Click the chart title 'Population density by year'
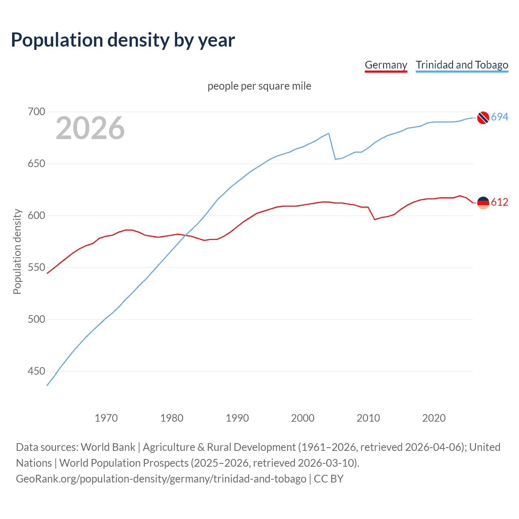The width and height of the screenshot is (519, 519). coord(123,40)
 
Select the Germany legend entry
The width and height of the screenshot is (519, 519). coord(386,65)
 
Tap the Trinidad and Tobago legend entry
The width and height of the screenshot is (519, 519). coord(462,65)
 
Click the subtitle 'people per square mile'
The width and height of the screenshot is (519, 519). coord(259,86)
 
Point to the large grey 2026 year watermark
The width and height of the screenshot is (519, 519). coord(90,128)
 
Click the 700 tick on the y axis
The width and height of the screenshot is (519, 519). coord(36,112)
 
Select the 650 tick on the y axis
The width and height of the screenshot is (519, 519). coord(36,164)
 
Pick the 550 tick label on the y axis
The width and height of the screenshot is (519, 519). coord(36,268)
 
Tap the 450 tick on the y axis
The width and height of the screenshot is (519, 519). coord(36,371)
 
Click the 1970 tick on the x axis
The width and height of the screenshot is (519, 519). coord(106,418)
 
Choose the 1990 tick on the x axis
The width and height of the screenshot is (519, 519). coord(237,418)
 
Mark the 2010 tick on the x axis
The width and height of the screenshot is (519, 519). coord(368,418)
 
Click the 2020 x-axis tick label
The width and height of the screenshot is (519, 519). coord(434,418)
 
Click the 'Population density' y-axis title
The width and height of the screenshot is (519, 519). coord(17,251)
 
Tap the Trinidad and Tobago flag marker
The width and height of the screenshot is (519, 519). coord(483,118)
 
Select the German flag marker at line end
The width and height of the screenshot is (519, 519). coord(483,202)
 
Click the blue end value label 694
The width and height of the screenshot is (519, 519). coord(500,117)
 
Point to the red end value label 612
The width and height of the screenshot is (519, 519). coord(500,202)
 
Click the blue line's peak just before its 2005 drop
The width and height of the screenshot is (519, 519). coord(328,133)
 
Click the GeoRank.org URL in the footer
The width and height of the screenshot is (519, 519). coord(161,479)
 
